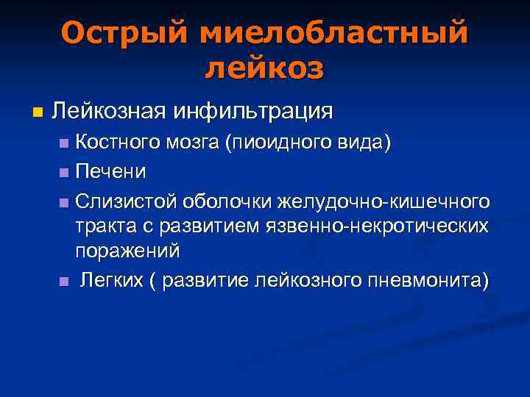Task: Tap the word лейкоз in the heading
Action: point(264,68)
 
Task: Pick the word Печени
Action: point(110,172)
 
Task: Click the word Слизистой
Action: point(127,201)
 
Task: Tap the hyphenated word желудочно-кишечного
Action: point(384,201)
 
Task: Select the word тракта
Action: point(105,226)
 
